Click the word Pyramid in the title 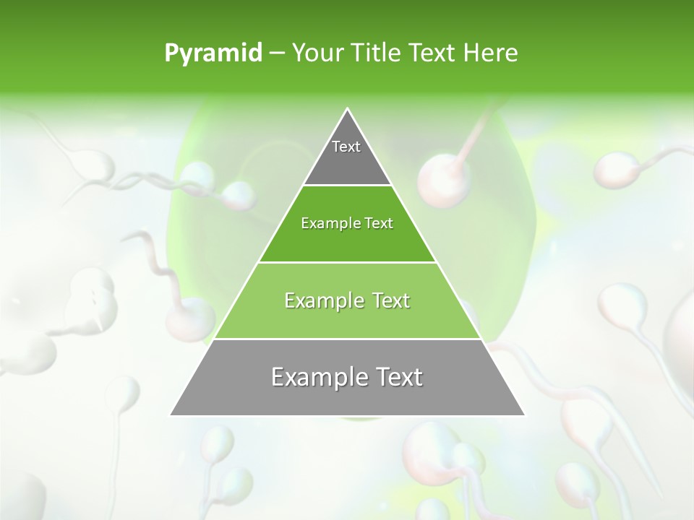[x=213, y=53]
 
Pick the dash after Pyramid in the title [x=276, y=53]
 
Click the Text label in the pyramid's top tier [x=346, y=147]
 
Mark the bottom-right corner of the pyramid [x=523, y=415]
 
